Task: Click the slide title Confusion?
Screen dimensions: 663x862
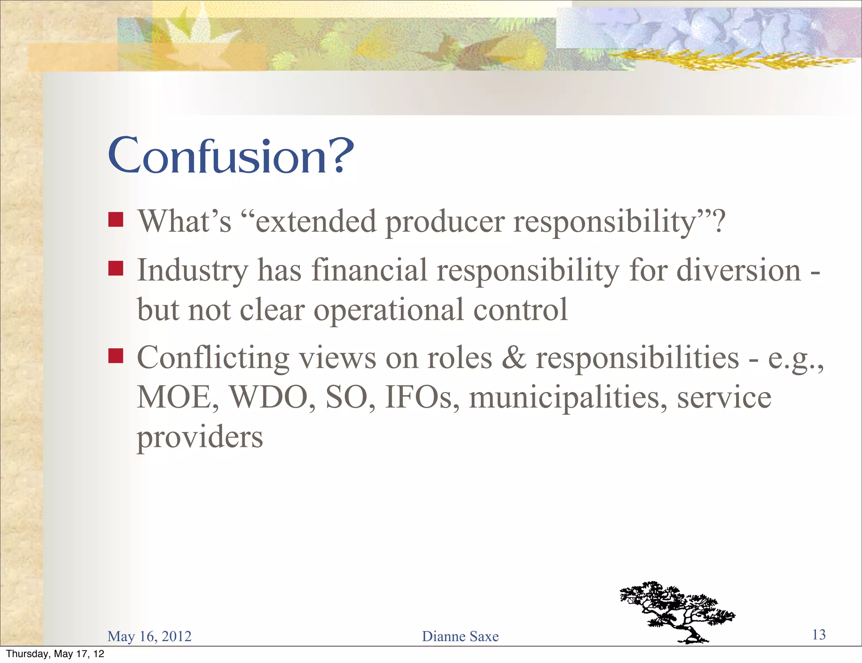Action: (231, 156)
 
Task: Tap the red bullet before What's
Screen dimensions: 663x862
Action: (115, 220)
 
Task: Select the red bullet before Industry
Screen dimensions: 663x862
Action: (115, 268)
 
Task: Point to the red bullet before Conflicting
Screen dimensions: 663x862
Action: (115, 355)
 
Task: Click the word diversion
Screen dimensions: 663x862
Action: (739, 270)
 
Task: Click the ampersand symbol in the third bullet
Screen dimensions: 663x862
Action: (514, 358)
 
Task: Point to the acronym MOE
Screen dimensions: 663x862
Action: (177, 398)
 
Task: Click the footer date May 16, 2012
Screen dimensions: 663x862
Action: (149, 636)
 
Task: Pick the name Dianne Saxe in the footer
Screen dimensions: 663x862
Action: (460, 636)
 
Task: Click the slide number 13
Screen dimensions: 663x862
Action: (819, 634)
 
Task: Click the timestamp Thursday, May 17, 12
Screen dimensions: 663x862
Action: (55, 654)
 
